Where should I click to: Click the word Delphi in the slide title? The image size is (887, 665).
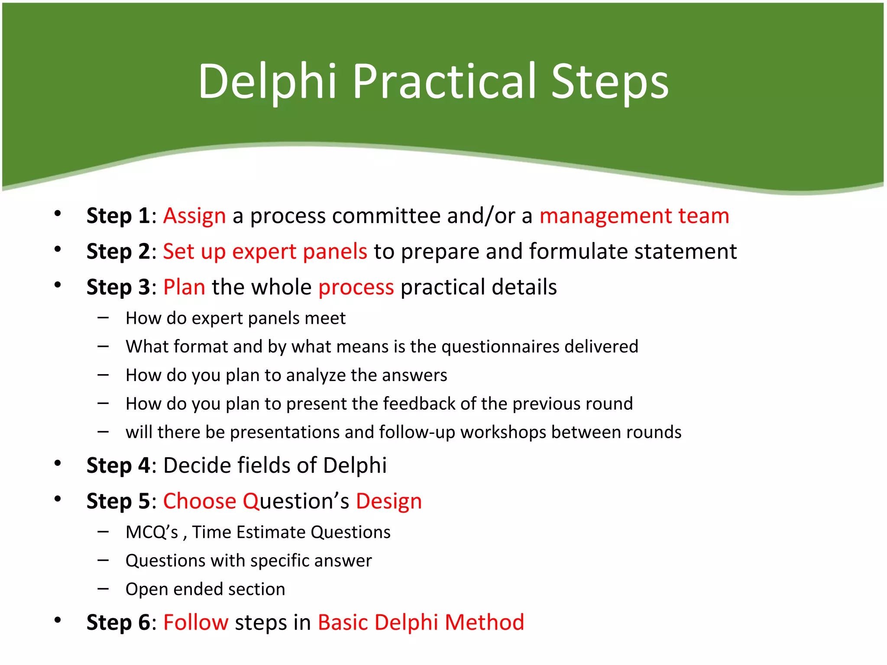tap(267, 81)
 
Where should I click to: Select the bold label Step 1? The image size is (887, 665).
tap(118, 216)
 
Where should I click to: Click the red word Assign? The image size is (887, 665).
tap(194, 216)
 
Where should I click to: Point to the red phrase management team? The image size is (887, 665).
tap(634, 216)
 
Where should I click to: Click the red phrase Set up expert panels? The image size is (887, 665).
tap(265, 252)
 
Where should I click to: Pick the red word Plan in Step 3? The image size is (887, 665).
tap(184, 287)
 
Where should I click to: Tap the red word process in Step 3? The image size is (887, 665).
tap(356, 287)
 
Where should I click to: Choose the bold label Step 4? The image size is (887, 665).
tap(118, 465)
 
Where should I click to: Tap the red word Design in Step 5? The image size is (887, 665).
tap(388, 501)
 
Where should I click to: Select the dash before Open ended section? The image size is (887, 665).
tap(103, 589)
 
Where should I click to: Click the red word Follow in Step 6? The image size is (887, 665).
tap(196, 623)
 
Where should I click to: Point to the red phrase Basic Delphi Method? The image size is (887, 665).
tap(421, 623)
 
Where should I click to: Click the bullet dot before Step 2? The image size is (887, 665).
tap(58, 249)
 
